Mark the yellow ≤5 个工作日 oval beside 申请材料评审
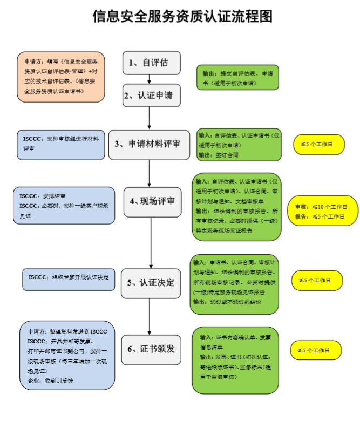[x=319, y=144]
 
